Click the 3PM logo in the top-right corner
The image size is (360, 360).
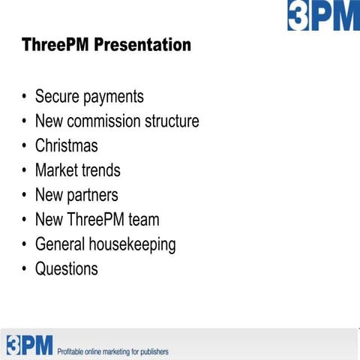tap(323, 15)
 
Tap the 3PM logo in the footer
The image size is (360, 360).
tap(30, 344)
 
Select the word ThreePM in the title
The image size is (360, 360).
tap(54, 45)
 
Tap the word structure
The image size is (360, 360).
tap(172, 121)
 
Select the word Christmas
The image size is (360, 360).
tap(66, 145)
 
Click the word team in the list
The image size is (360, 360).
tap(142, 220)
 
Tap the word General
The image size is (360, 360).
tap(62, 244)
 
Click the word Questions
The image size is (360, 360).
tap(66, 268)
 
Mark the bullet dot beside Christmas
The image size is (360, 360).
tap(25, 146)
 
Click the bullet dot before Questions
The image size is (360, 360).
tap(25, 269)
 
